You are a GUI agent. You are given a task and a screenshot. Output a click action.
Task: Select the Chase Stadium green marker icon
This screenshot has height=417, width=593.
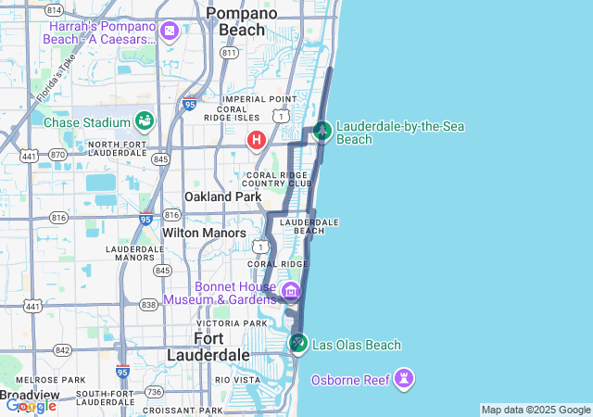click(144, 120)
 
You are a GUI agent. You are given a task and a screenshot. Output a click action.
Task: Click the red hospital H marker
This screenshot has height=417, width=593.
click(256, 140)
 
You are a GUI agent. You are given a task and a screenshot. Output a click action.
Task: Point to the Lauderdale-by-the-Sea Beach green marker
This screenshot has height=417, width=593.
click(322, 132)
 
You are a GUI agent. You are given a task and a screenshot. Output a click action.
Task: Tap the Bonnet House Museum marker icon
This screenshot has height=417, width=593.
click(290, 292)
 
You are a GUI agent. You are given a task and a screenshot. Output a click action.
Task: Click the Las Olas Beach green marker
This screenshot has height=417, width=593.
click(297, 344)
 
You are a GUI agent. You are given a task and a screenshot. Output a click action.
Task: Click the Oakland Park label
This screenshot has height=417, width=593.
click(222, 196)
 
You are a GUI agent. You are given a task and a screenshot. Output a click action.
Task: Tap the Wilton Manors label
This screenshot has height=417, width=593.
click(204, 234)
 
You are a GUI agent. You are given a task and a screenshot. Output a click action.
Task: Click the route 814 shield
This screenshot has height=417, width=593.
click(54, 10)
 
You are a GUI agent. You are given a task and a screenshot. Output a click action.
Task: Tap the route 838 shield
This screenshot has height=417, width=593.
click(148, 304)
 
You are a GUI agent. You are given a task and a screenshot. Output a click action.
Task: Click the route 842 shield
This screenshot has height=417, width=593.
click(62, 349)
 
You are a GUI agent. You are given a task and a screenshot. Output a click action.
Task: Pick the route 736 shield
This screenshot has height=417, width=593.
click(154, 392)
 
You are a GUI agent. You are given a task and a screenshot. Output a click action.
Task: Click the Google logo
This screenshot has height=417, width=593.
click(31, 405)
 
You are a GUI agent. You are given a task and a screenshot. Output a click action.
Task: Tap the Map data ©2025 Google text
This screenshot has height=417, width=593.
click(536, 410)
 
